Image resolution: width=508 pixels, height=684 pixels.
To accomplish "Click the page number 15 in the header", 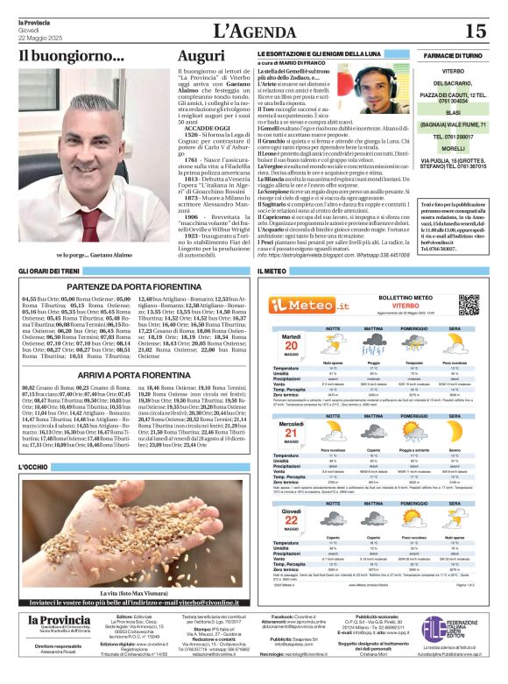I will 474,31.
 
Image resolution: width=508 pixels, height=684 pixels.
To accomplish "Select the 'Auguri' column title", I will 201,57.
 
